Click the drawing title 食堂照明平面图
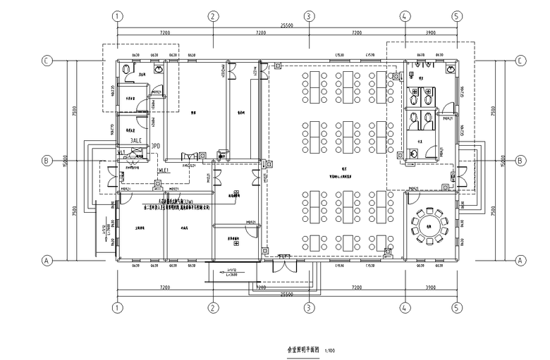click(302, 349)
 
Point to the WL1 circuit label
click(121, 152)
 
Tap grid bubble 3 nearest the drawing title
click(308, 308)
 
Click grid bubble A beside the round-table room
click(521, 261)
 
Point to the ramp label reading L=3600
click(232, 275)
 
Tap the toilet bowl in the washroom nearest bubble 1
click(126, 69)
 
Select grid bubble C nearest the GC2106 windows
click(521, 61)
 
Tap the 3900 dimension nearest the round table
click(429, 288)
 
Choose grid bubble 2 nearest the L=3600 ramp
click(212, 308)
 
